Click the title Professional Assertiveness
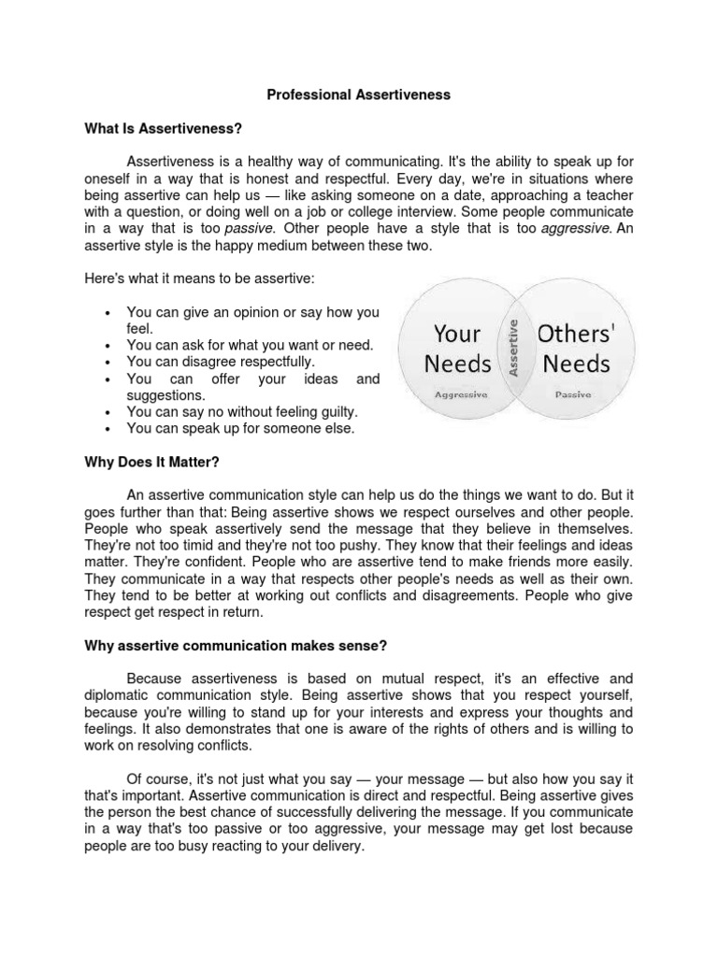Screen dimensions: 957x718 pyautogui.click(x=359, y=94)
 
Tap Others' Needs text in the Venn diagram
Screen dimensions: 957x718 pyautogui.click(x=573, y=348)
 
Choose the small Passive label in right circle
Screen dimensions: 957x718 pyautogui.click(x=573, y=395)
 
